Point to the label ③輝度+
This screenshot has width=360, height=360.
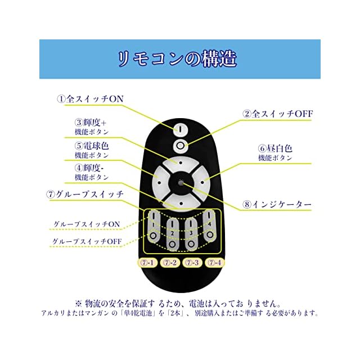coord(91,121)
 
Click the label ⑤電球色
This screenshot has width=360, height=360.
coord(92,145)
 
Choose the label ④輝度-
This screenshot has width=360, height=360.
coord(91,168)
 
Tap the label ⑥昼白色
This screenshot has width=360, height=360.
coord(275,149)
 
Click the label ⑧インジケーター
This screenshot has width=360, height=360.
coord(277,205)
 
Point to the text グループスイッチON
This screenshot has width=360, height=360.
coord(86,224)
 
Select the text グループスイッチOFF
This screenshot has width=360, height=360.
coord(87,242)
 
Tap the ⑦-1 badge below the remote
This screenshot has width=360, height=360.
coord(147,263)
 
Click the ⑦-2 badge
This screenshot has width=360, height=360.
coord(170,263)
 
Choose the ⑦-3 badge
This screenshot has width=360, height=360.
coord(192,263)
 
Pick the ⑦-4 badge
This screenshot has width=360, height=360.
coord(214,263)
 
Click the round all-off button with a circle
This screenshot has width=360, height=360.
coord(180,146)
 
